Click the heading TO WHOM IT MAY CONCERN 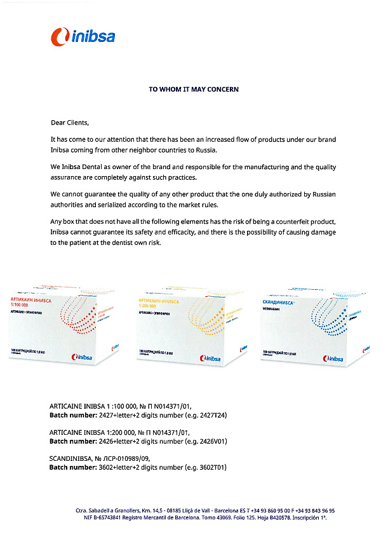click(194, 90)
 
